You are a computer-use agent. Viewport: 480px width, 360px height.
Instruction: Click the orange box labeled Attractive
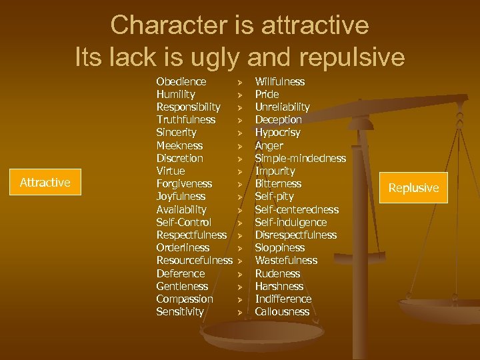[45, 182]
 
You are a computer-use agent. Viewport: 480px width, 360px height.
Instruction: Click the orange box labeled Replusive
[413, 187]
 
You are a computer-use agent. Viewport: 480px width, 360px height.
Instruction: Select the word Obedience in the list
[181, 81]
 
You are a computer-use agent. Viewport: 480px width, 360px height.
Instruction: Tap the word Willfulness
[280, 81]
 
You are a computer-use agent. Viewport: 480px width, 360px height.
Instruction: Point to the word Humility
[175, 95]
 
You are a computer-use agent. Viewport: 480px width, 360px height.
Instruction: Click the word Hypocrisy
[277, 133]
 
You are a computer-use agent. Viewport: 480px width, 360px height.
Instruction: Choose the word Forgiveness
[184, 183]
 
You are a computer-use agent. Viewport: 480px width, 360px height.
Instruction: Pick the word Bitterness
[278, 183]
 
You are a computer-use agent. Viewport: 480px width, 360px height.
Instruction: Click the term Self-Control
[183, 222]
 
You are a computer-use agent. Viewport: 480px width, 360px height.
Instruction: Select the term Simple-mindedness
[300, 158]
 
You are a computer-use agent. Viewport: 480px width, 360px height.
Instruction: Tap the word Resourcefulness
[194, 260]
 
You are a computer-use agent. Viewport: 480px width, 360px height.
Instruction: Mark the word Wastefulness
[286, 260]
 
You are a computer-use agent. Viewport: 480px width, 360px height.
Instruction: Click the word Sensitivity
[180, 311]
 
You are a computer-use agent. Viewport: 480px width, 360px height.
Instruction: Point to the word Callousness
[282, 311]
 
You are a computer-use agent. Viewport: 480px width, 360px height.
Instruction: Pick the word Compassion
[185, 299]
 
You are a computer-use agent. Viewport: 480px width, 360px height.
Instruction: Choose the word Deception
[278, 120]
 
